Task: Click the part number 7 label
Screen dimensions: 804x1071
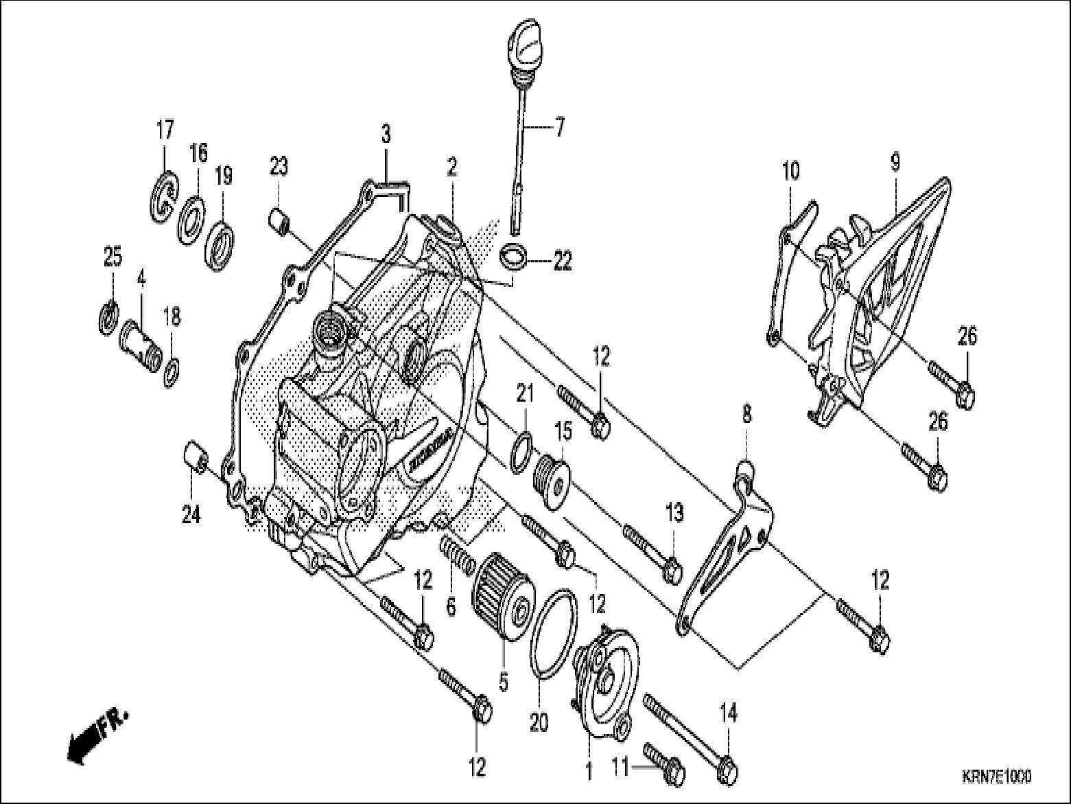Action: (559, 128)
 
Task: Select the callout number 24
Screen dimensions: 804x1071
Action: (191, 514)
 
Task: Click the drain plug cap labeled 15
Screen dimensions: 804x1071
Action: (552, 483)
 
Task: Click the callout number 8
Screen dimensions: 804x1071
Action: (746, 413)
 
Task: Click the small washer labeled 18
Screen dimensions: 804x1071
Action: (171, 371)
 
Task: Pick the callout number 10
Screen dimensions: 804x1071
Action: (791, 171)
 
